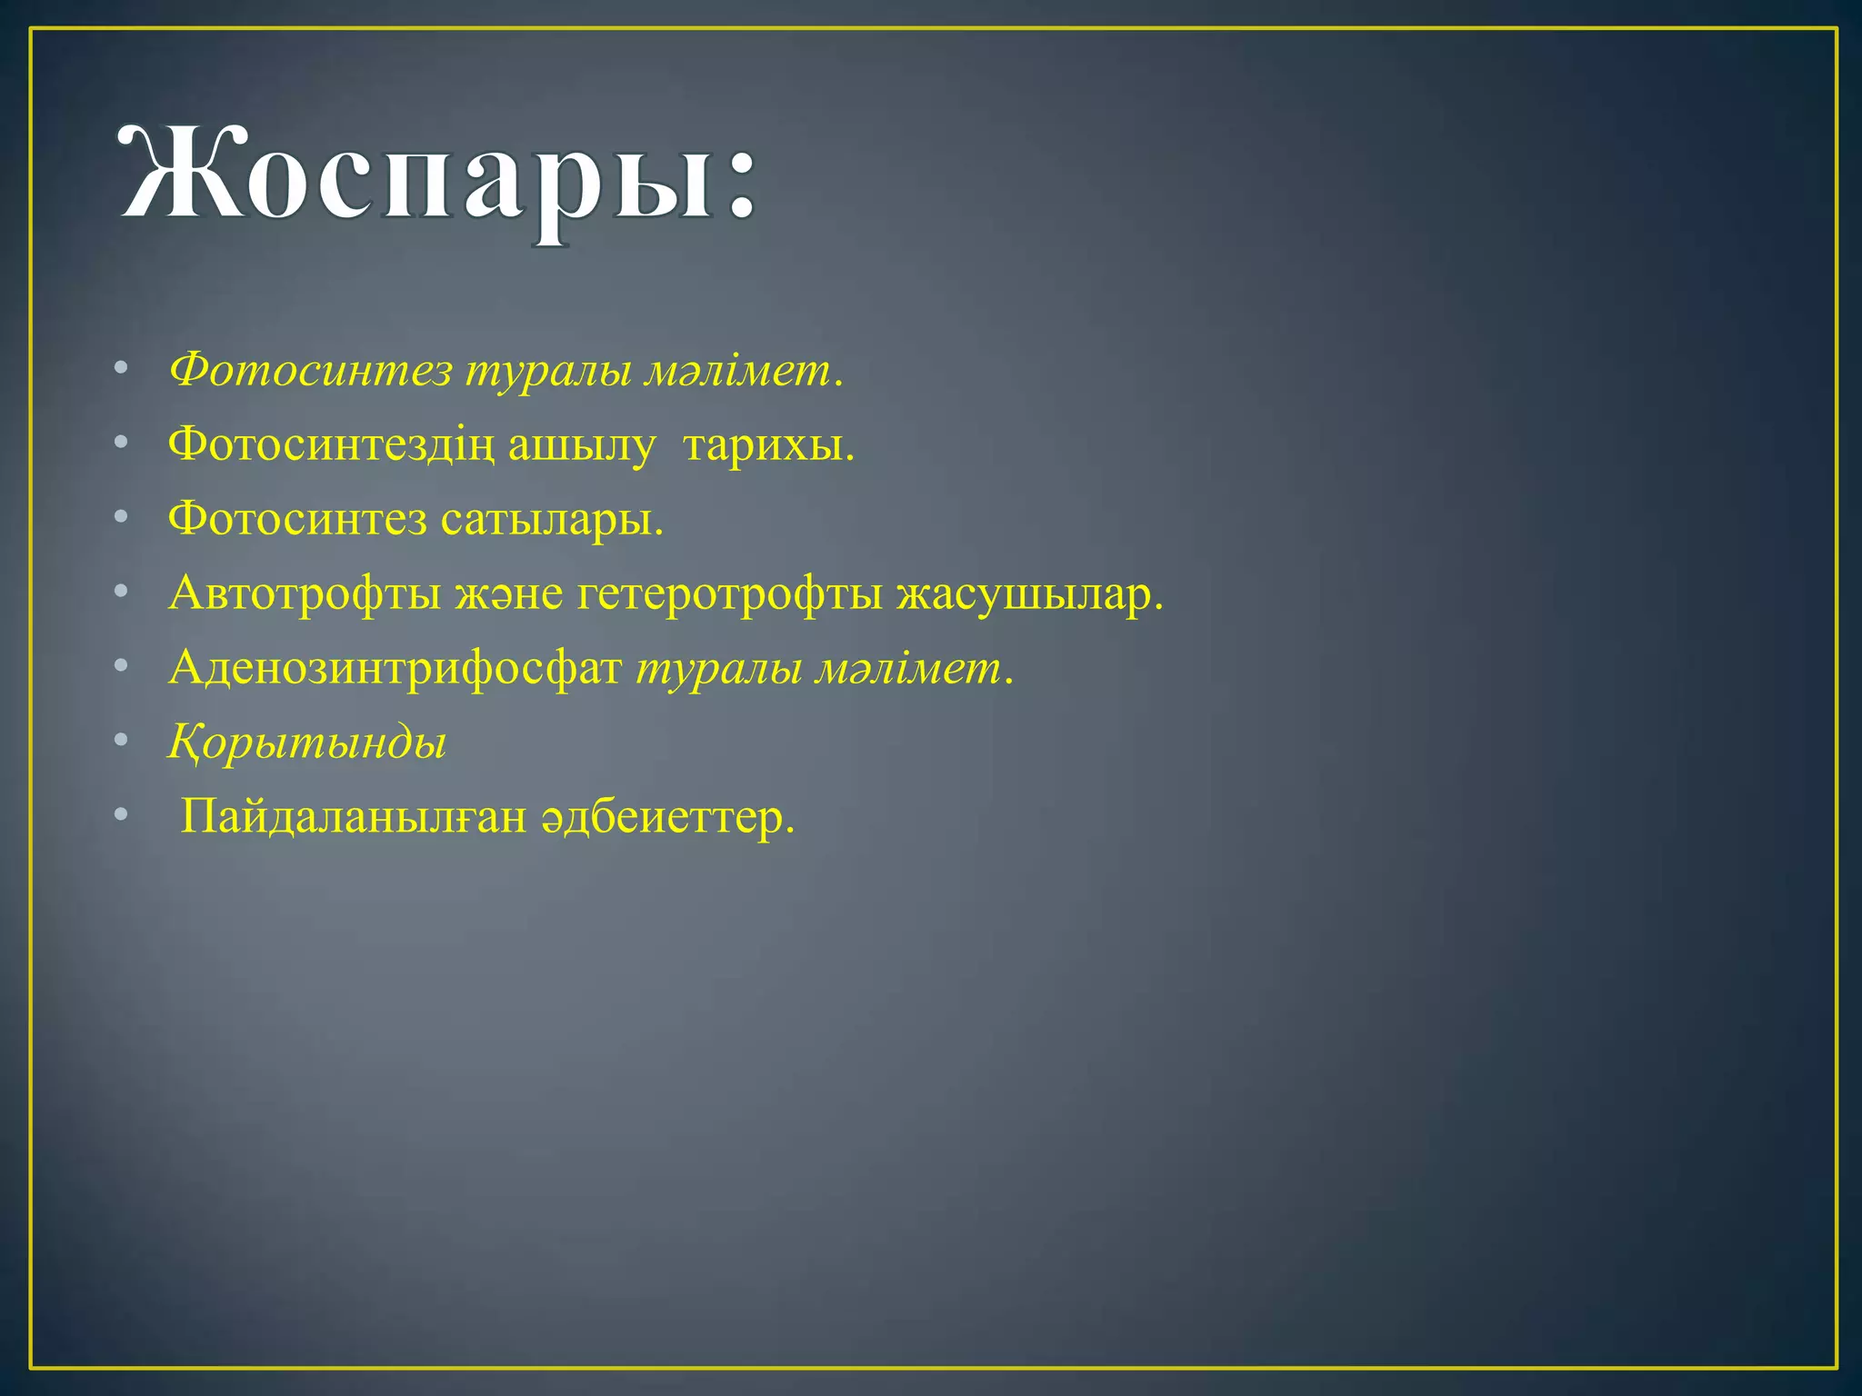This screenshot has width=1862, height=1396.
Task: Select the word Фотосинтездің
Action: click(331, 445)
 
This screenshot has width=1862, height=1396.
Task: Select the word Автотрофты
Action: click(305, 595)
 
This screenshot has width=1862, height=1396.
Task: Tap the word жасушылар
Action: click(1028, 595)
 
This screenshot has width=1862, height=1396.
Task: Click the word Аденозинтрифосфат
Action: click(395, 670)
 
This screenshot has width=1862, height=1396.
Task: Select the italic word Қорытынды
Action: click(307, 743)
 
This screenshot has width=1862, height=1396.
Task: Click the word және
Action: click(509, 595)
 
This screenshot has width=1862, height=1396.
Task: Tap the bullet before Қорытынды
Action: click(122, 742)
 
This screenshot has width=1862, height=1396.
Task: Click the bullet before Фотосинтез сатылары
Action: click(122, 518)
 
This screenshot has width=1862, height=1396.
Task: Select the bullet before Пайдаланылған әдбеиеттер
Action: click(122, 816)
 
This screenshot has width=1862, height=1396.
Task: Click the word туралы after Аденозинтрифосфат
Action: click(718, 670)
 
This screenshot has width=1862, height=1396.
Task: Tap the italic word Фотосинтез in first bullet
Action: click(310, 371)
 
